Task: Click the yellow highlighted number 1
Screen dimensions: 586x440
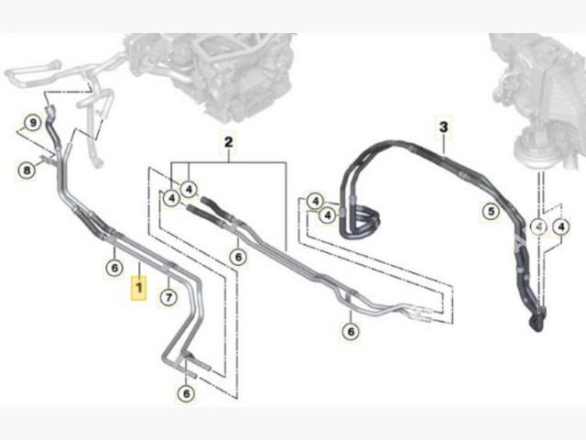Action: tap(138, 288)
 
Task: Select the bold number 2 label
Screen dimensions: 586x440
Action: tap(228, 142)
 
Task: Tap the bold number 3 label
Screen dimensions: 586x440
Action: tap(443, 127)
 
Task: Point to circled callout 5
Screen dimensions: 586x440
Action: tap(491, 212)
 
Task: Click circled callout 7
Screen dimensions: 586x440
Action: tap(168, 297)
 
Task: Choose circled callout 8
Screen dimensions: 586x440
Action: tap(27, 171)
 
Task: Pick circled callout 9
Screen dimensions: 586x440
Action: tap(33, 122)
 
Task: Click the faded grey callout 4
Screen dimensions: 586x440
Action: tap(539, 226)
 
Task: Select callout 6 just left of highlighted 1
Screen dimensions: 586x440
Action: tap(114, 268)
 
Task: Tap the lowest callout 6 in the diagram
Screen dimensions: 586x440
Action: tap(186, 393)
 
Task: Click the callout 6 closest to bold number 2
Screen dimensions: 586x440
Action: tap(238, 257)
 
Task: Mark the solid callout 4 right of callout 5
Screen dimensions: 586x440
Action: tap(561, 226)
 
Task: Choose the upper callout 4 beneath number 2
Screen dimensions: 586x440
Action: tap(190, 190)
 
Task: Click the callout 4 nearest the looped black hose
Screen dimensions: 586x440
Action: tap(328, 215)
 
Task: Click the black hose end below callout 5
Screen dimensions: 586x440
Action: tap(537, 321)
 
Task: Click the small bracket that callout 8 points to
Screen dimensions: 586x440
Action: tap(47, 159)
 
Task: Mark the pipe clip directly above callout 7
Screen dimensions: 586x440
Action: tap(168, 267)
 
